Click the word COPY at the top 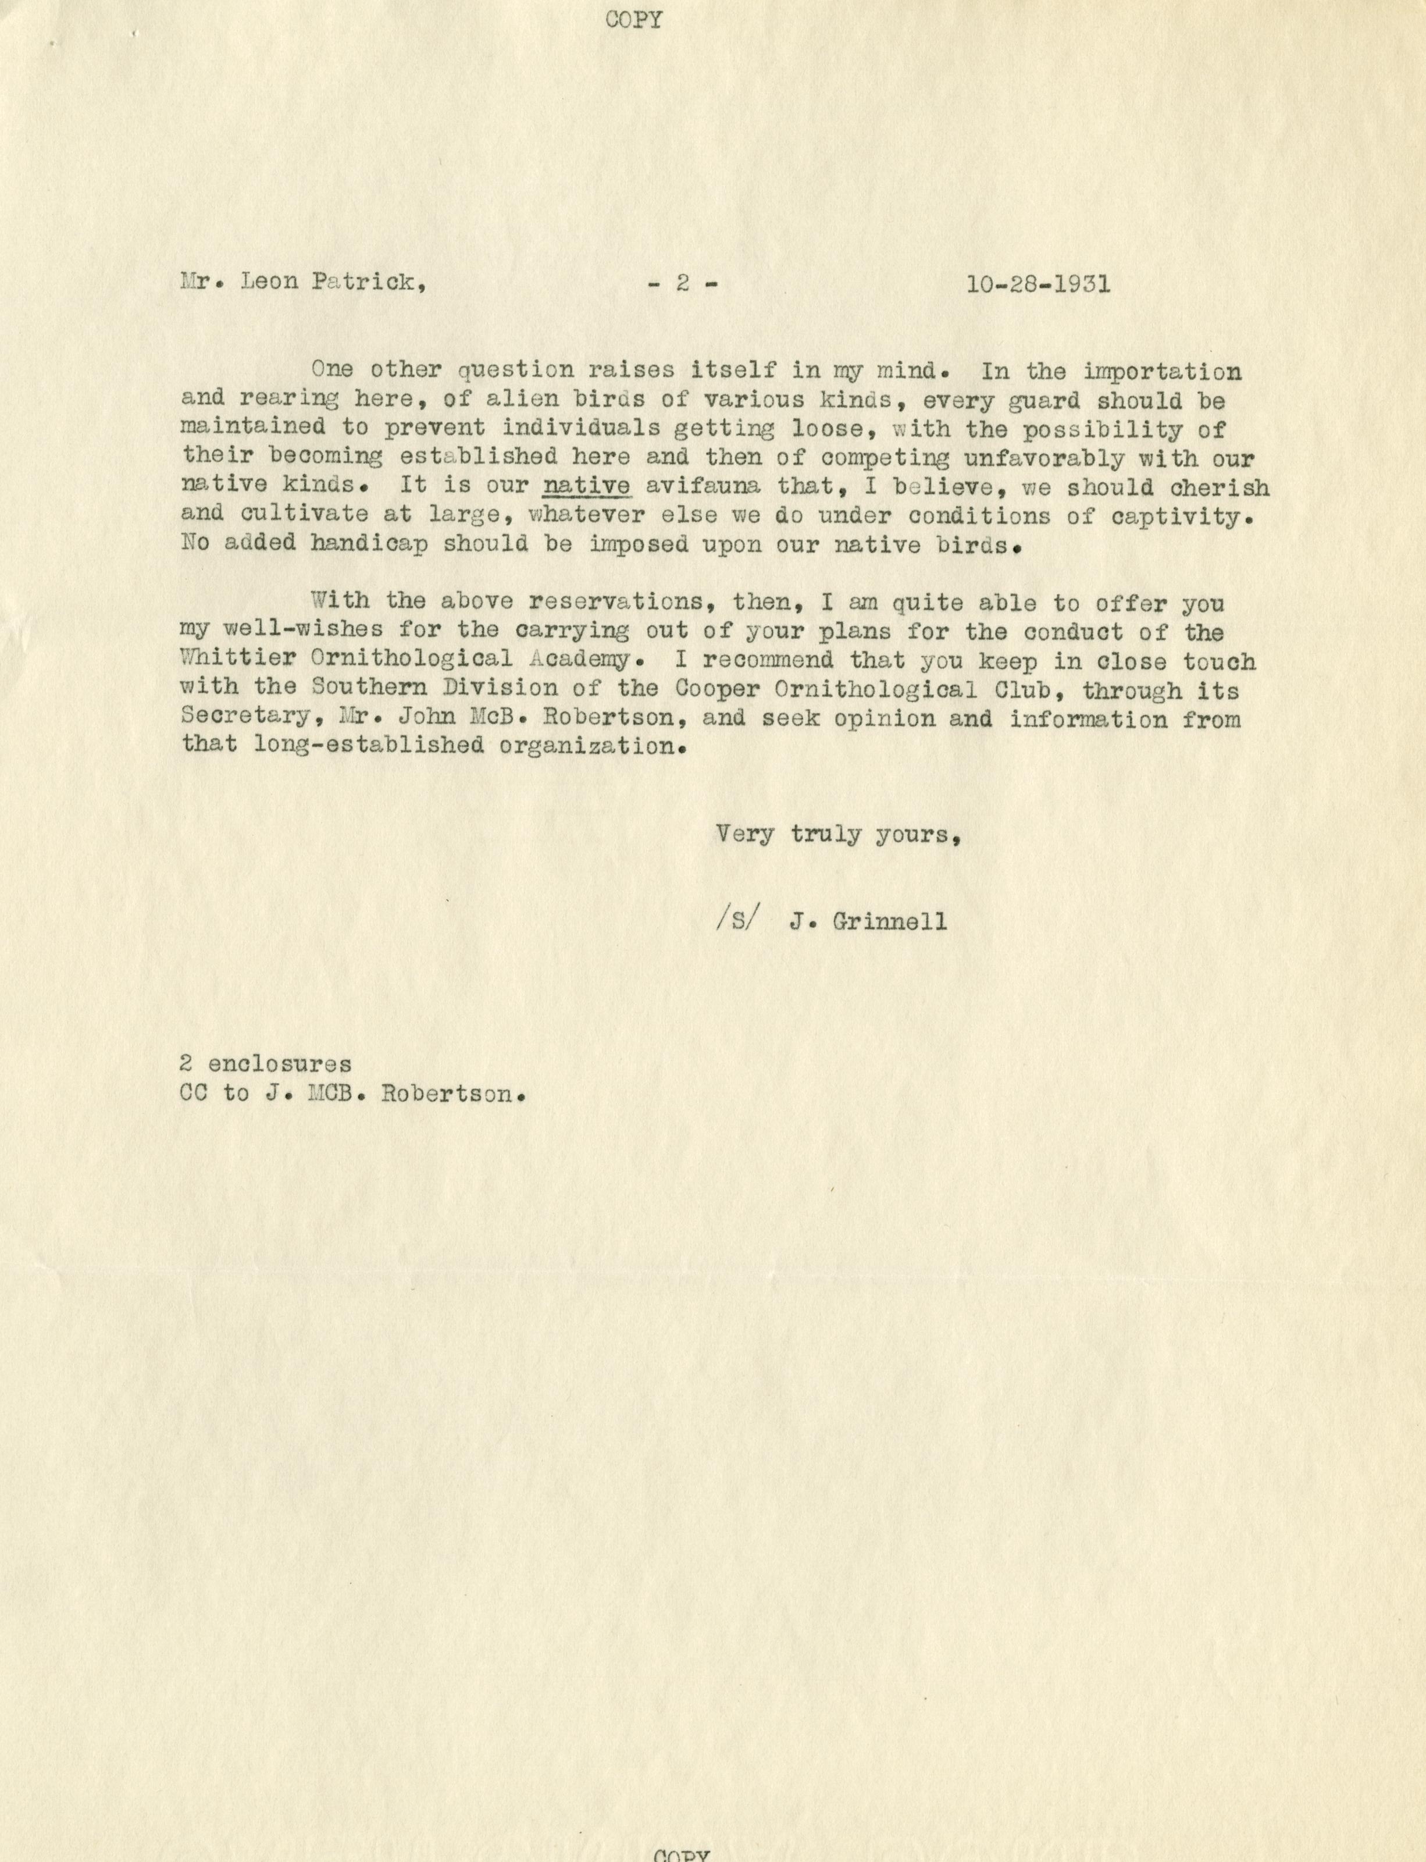pyautogui.click(x=634, y=20)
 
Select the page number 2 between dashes pyautogui.click(x=682, y=284)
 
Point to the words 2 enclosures pyautogui.click(x=266, y=1064)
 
